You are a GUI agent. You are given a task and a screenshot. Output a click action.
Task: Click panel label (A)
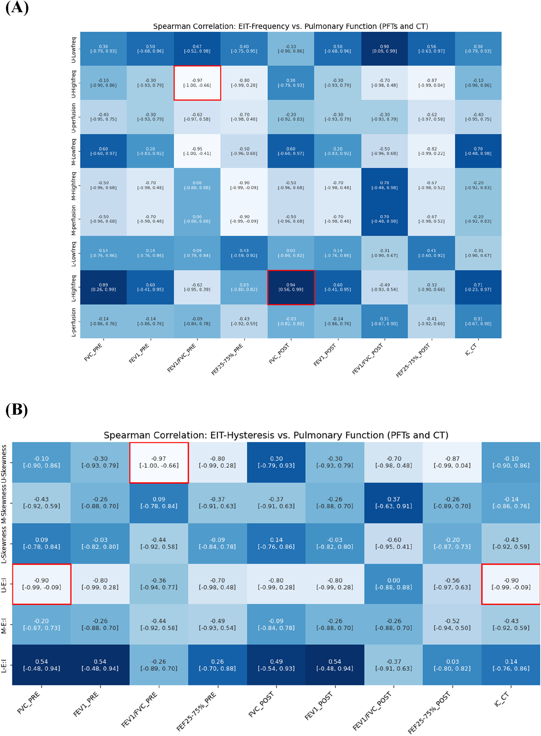click(17, 8)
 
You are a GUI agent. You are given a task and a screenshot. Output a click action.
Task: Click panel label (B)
click(17, 410)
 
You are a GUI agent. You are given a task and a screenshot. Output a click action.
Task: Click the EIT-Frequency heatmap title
click(290, 26)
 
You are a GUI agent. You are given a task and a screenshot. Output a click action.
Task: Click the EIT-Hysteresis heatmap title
click(276, 435)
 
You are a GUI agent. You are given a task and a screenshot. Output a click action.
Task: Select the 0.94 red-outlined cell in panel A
click(291, 287)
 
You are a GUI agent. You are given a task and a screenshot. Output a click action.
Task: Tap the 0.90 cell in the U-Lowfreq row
click(384, 49)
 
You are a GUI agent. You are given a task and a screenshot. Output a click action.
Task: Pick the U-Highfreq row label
click(74, 84)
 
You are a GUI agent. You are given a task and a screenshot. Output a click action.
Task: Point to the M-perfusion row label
click(74, 220)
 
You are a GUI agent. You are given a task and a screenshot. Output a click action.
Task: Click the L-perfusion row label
click(74, 322)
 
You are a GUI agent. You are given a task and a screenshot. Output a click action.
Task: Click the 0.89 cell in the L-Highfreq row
click(103, 287)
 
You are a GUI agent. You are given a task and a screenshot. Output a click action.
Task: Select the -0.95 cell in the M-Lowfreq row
click(197, 151)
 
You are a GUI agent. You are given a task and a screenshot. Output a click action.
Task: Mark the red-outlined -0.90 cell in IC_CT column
click(511, 584)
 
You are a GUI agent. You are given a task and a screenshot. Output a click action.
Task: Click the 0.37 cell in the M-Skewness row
click(394, 502)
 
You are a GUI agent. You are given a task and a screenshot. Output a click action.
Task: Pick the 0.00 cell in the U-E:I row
click(394, 584)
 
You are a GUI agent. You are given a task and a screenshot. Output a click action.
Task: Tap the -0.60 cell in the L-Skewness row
click(394, 543)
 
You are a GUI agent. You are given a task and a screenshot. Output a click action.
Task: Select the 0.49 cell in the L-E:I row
click(276, 665)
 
